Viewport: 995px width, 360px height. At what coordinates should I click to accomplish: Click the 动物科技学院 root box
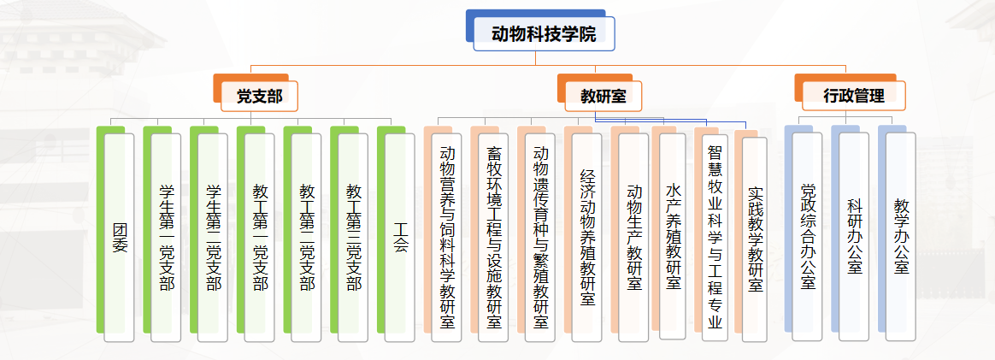pos(543,33)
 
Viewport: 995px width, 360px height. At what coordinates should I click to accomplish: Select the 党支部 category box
pos(259,96)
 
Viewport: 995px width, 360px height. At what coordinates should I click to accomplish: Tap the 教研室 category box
pos(603,96)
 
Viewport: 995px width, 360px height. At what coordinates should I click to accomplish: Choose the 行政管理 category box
pos(854,96)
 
